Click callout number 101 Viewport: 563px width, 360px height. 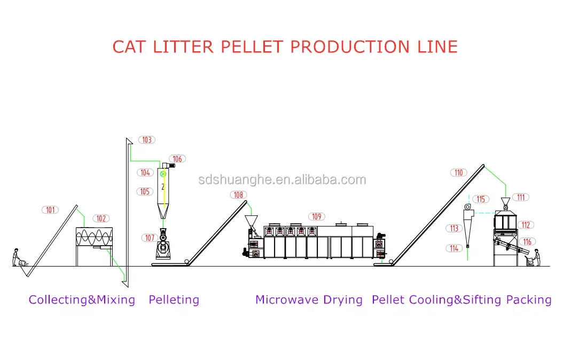[x=50, y=210]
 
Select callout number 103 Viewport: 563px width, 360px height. [x=146, y=140]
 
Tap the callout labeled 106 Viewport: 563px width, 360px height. [x=177, y=159]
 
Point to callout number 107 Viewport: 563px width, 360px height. [x=150, y=238]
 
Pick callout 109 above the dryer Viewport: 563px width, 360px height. [x=317, y=216]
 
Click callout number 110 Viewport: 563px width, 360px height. [x=459, y=173]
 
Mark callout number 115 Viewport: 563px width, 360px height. [x=481, y=199]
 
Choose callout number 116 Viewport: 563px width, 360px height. [x=527, y=242]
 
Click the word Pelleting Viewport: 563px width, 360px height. [x=174, y=300]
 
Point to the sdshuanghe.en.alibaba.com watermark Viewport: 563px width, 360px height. [x=281, y=179]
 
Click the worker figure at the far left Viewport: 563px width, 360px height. [x=17, y=256]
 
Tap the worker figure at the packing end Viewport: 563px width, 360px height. [x=536, y=257]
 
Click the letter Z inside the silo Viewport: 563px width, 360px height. [x=163, y=187]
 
